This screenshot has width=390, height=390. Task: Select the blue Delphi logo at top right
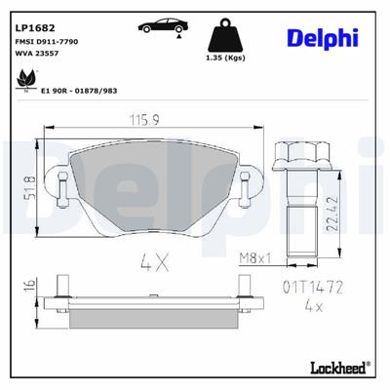coord(322,37)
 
